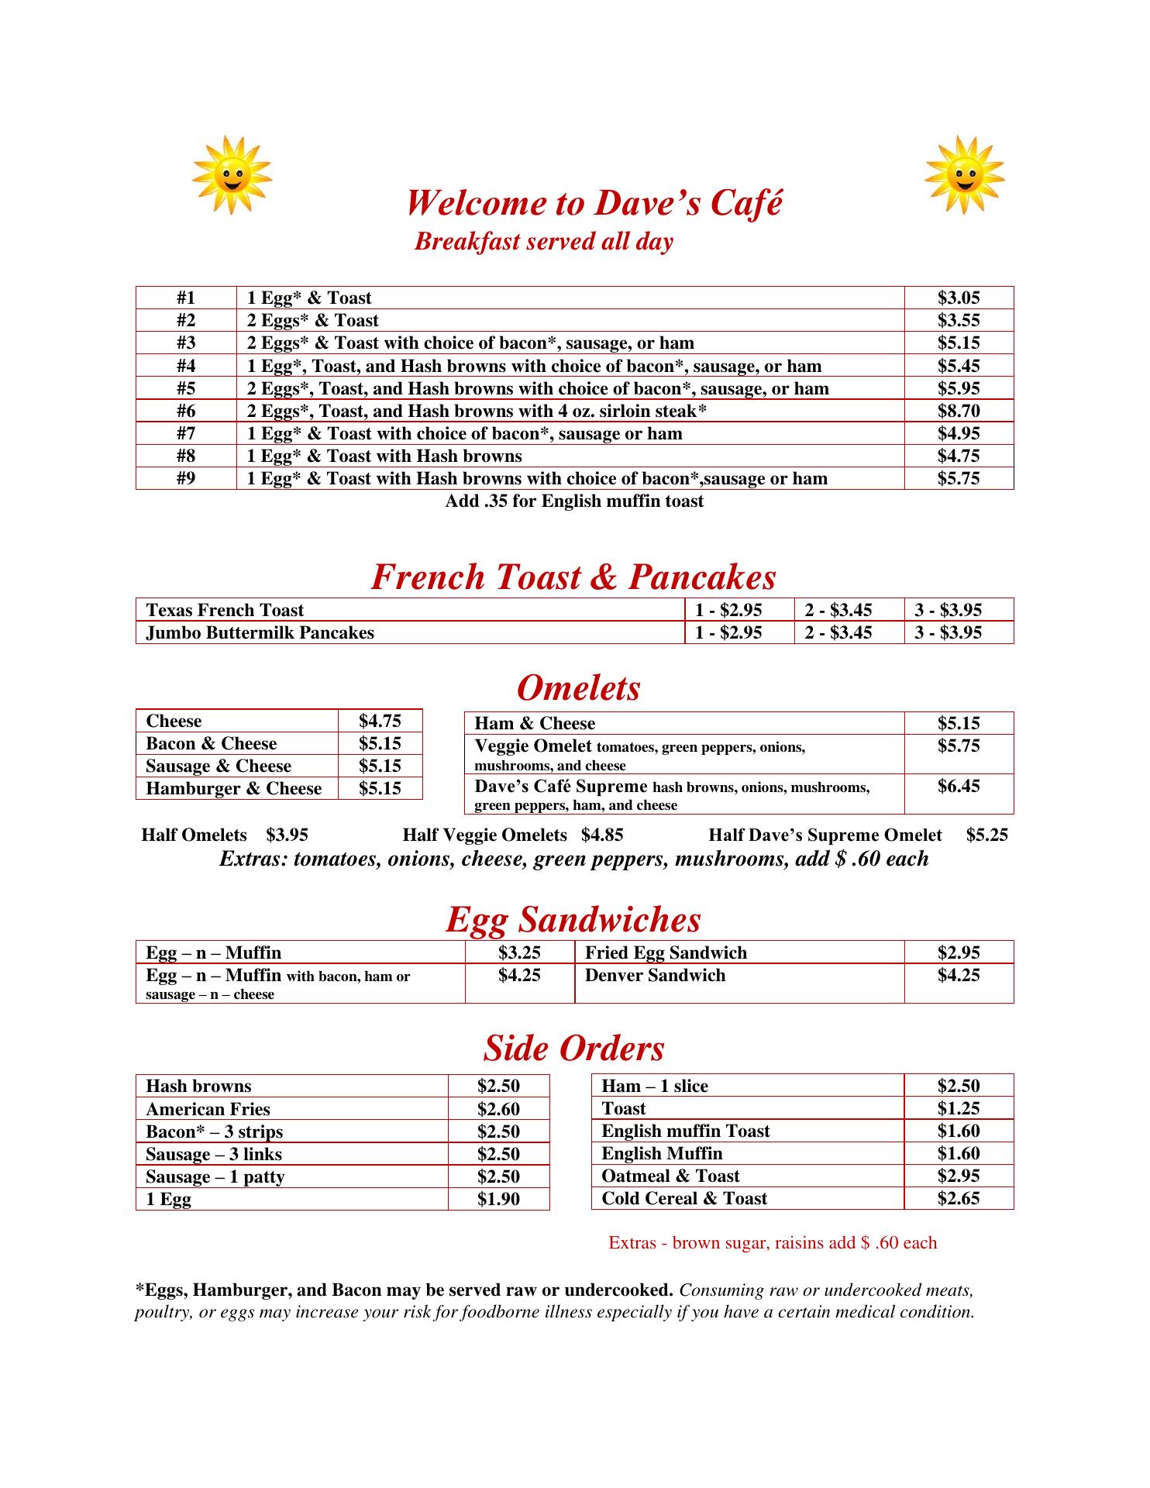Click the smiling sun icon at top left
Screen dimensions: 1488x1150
232,175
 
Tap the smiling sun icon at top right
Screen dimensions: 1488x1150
965,175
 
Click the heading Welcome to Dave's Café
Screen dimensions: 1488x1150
594,203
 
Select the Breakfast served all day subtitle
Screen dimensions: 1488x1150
544,242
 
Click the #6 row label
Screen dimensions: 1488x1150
186,411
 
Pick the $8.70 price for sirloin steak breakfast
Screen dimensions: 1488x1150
959,411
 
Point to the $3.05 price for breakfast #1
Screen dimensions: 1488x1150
959,298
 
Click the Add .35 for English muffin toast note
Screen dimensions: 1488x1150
574,501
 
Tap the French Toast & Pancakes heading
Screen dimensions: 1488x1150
573,577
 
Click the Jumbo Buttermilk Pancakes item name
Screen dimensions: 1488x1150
260,632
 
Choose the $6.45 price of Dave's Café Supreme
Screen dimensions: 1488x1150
959,787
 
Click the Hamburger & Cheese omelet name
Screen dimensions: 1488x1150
234,789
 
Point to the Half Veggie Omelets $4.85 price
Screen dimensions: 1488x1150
602,835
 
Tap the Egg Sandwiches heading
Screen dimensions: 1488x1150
573,920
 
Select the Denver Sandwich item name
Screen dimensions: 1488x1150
656,976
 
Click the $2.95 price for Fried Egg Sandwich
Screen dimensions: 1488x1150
959,953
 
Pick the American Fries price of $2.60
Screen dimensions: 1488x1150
498,1109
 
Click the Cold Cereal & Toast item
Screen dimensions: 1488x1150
684,1199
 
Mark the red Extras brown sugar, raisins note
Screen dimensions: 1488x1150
773,1243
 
